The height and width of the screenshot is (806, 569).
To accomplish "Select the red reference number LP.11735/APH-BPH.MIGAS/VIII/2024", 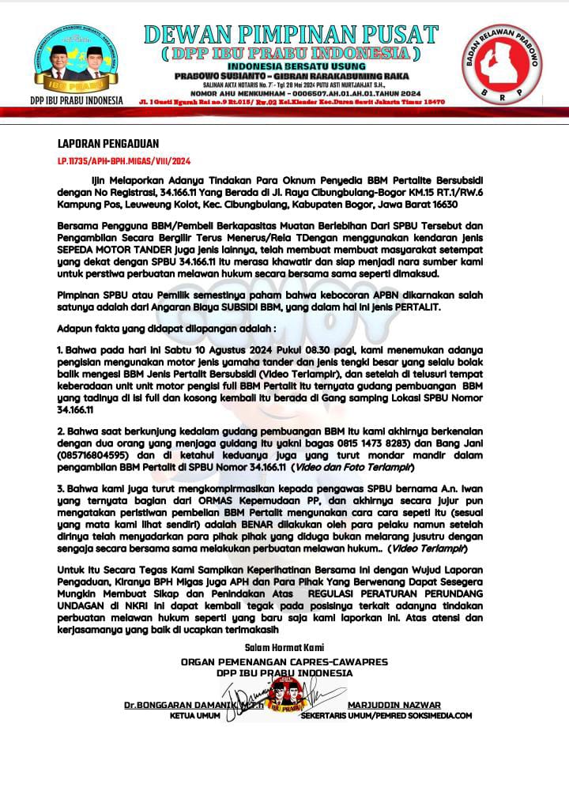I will click(x=119, y=161).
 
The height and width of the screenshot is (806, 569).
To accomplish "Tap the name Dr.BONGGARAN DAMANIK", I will click(x=175, y=705).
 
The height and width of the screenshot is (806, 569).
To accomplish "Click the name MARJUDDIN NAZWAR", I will click(x=394, y=705).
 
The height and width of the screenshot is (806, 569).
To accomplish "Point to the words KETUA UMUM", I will click(x=194, y=716).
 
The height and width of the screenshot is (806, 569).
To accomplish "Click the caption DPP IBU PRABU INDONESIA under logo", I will click(x=77, y=100).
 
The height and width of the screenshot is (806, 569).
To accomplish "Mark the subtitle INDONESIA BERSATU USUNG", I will click(x=290, y=66).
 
